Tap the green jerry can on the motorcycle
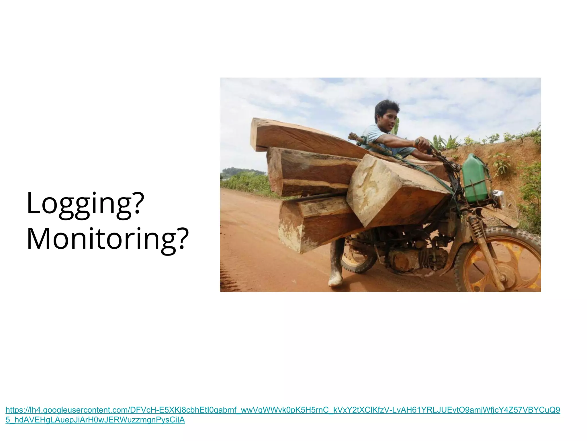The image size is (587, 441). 475,178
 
